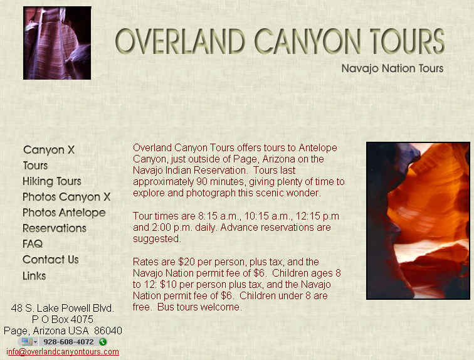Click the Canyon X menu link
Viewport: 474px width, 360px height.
coord(49,150)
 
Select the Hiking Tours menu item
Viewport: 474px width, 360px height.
coord(52,181)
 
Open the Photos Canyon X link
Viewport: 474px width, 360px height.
coord(66,197)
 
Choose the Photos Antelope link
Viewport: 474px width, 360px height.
coord(64,213)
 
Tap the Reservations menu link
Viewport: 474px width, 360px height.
coord(55,228)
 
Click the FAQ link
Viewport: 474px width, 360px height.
coord(33,244)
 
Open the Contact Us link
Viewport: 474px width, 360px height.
coord(51,260)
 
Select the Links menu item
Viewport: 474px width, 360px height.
coord(34,276)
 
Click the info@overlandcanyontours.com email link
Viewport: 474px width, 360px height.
coord(63,352)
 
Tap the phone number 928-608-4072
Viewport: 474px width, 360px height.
coord(68,342)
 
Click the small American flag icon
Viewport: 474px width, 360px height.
coord(27,342)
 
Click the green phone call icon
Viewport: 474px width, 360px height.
coord(103,342)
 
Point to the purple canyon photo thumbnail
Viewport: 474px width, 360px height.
coord(57,43)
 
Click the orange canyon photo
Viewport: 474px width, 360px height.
coord(418,221)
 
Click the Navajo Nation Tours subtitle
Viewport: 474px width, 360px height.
coord(392,68)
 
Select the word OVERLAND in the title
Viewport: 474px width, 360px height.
coord(180,41)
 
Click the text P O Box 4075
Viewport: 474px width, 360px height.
coord(63,319)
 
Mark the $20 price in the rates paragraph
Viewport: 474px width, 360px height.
coord(186,262)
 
